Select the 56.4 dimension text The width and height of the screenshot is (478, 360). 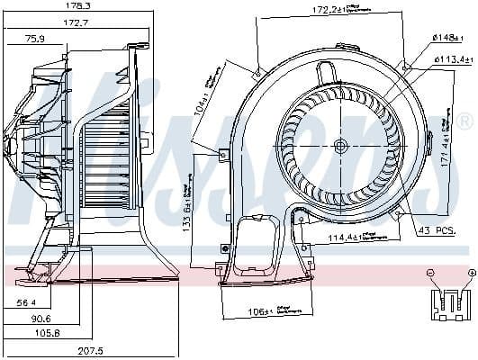pyautogui.click(x=28, y=303)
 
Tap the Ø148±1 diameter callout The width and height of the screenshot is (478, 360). pyautogui.click(x=446, y=37)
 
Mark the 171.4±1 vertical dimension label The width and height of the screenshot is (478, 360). pyautogui.click(x=446, y=143)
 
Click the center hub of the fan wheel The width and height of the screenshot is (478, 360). pyautogui.click(x=338, y=146)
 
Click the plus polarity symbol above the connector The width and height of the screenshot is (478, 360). pyautogui.click(x=471, y=272)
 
